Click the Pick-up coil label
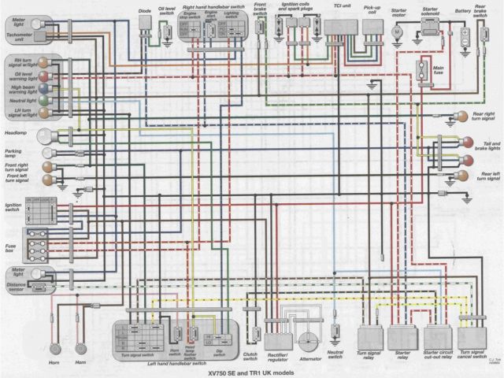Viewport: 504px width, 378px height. coord(372,9)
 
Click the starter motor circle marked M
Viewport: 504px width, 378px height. coord(398,31)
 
